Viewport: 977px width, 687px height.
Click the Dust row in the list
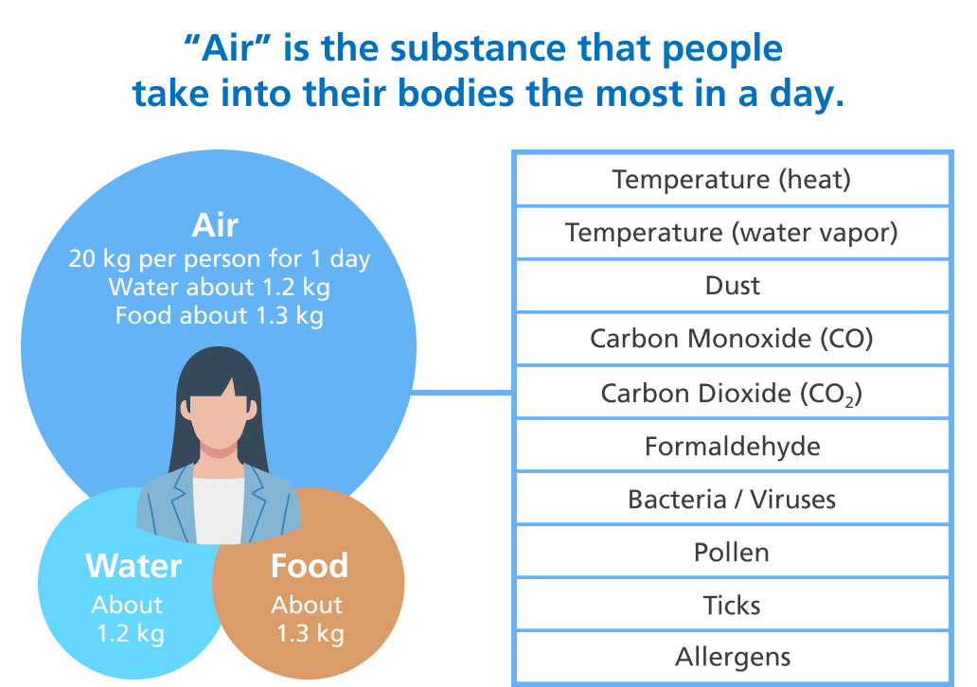[732, 286]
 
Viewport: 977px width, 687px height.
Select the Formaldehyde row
[732, 446]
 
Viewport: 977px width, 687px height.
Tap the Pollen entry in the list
[732, 552]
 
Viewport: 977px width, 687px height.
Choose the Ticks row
[732, 605]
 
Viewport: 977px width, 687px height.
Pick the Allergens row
[732, 657]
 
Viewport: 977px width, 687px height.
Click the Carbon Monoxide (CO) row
[732, 339]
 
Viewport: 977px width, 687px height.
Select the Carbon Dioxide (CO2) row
[732, 393]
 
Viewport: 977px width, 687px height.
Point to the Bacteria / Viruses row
[732, 499]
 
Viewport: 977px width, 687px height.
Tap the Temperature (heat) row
[732, 180]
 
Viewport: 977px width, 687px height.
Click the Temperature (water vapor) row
[732, 233]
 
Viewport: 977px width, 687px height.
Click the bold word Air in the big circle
[215, 225]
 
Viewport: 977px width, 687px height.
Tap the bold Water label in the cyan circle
[133, 566]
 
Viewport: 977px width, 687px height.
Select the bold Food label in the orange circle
[309, 566]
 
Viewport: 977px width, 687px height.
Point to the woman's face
[218, 417]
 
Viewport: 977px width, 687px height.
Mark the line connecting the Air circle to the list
[462, 393]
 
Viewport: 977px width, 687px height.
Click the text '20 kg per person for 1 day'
[220, 258]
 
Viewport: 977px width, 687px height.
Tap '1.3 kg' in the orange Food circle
[311, 633]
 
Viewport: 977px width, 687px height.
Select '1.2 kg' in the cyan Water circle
[131, 633]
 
